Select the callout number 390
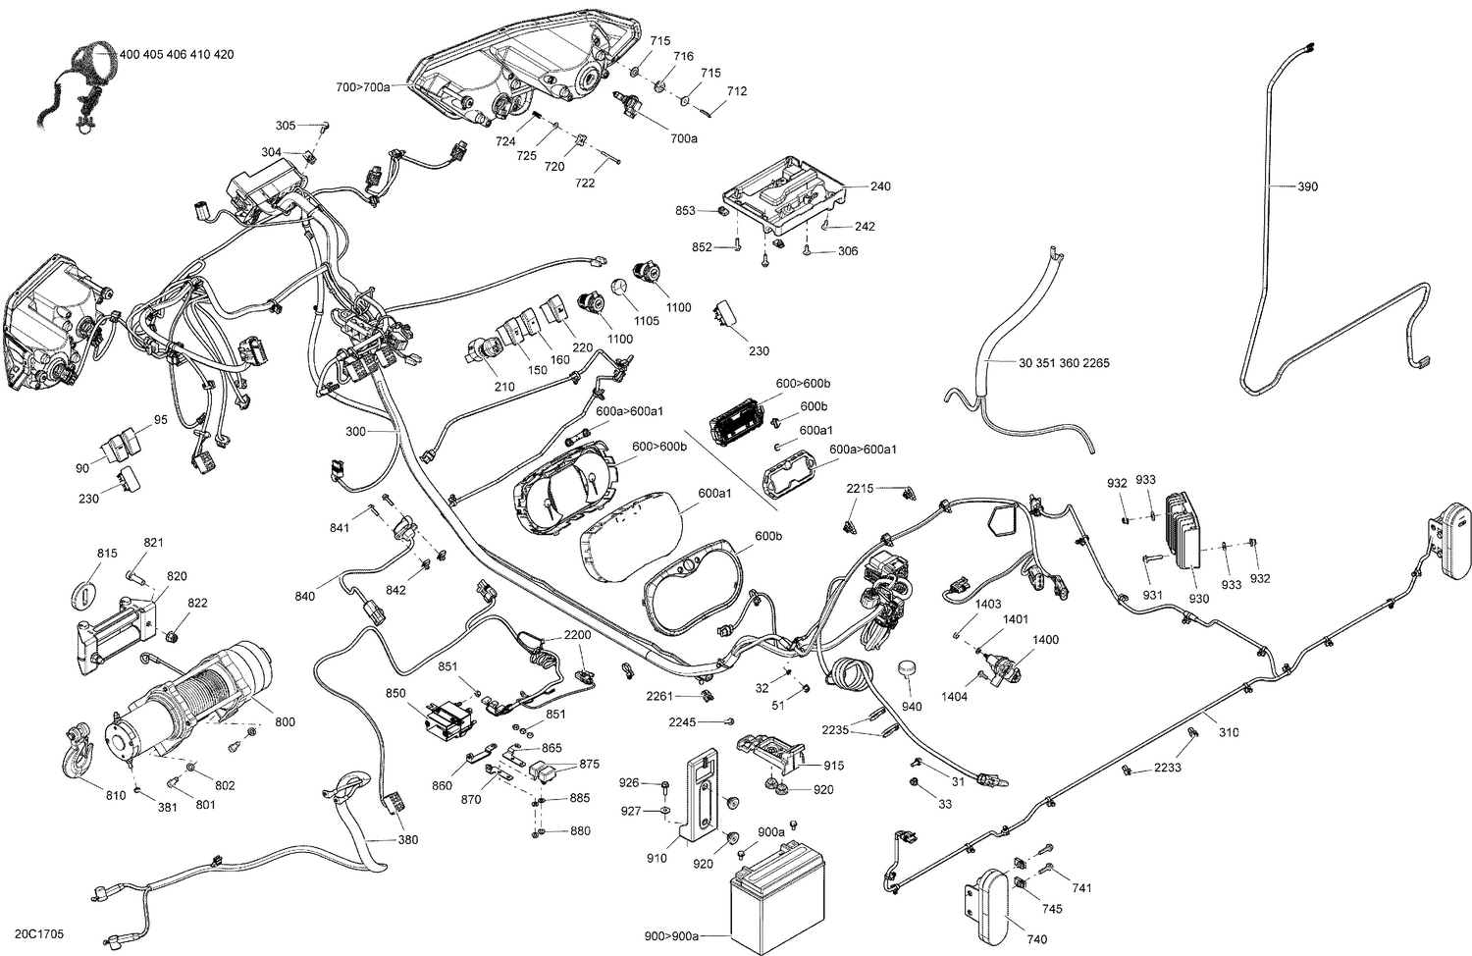point(1308,186)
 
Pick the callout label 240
point(880,186)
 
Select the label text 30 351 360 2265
point(1064,363)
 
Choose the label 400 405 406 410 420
point(176,55)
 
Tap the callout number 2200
point(577,635)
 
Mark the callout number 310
point(1228,732)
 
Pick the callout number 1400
point(1045,640)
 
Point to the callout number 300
point(355,431)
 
